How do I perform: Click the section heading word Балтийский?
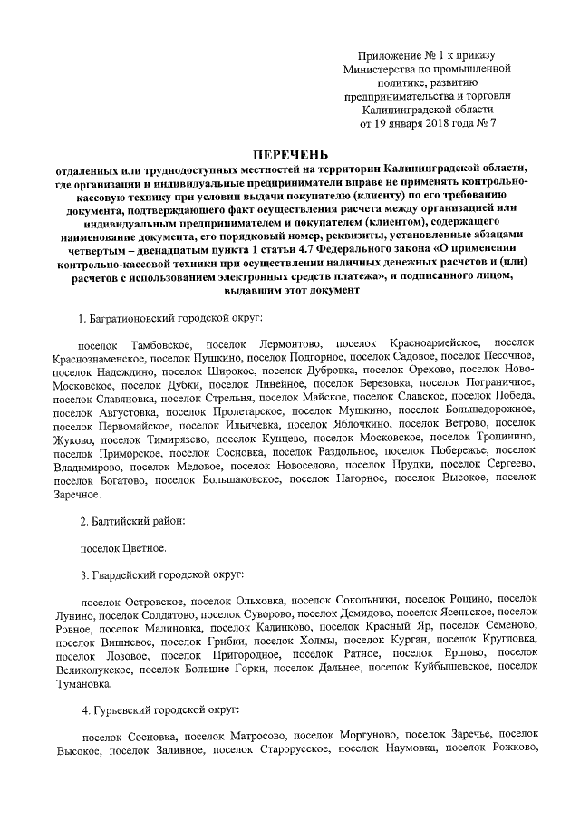pos(125,522)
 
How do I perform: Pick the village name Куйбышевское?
pos(445,667)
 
